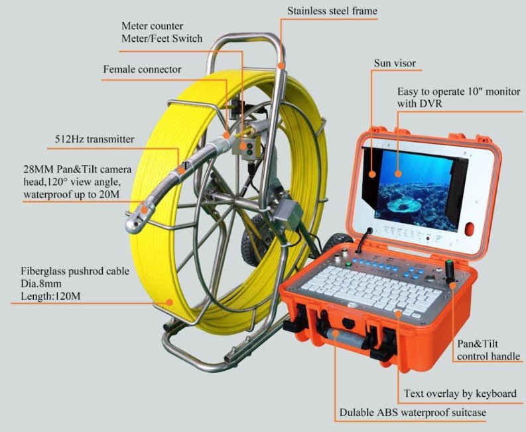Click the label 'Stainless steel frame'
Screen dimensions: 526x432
point(332,11)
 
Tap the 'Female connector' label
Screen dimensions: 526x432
point(142,70)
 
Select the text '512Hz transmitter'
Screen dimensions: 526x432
point(94,139)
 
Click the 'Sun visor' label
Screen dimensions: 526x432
point(395,63)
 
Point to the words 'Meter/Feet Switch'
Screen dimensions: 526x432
point(162,38)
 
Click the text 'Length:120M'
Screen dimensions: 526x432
point(50,297)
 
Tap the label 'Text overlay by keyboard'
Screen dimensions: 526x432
point(460,394)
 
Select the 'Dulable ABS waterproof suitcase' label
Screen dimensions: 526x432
point(413,412)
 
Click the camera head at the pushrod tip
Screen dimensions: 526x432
point(138,218)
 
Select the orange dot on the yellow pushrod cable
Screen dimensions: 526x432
point(170,302)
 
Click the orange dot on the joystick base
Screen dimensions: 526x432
point(452,285)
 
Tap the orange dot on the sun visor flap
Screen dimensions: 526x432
point(372,175)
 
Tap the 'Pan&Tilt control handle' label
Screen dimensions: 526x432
point(488,350)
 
